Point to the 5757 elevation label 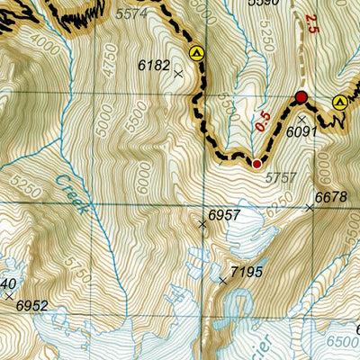click(282, 178)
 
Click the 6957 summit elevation click(224, 215)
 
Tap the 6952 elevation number click(31, 305)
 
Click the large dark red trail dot click(301, 97)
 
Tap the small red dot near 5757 click(256, 164)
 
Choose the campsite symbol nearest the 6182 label click(197, 54)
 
